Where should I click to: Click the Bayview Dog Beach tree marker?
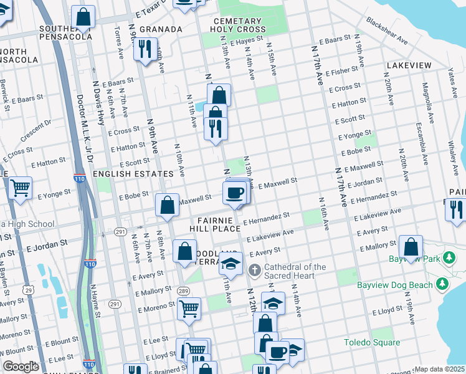[x=442, y=285]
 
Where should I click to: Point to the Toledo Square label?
[x=372, y=342]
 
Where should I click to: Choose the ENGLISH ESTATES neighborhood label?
[x=133, y=173]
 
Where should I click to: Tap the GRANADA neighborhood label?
[x=161, y=29]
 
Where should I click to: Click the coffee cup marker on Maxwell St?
[x=234, y=192]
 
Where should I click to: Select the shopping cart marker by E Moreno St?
[x=189, y=307]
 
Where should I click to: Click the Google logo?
[x=21, y=367]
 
